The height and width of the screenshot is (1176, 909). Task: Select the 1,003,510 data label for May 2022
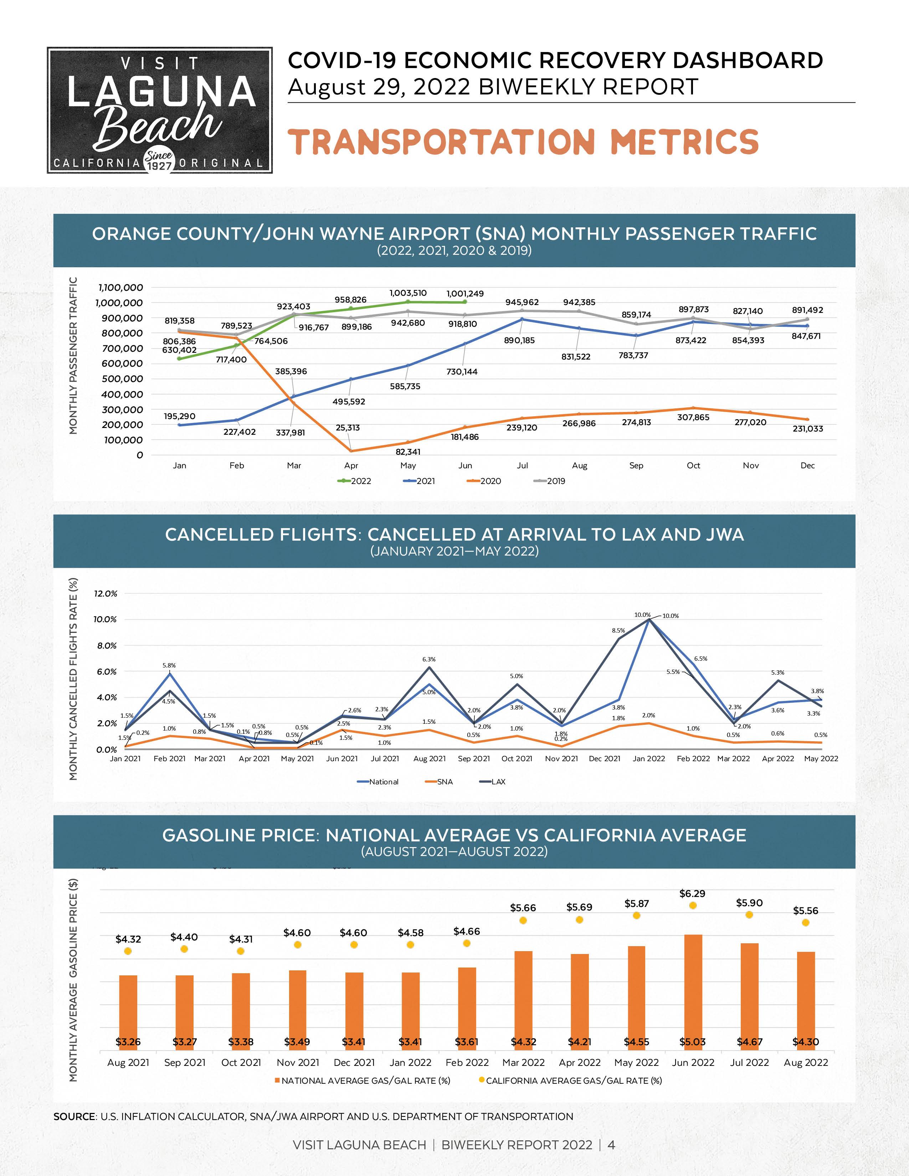tap(408, 293)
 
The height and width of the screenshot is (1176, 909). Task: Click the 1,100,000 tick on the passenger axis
tap(120, 288)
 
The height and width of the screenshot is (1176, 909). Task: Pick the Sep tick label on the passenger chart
tap(636, 465)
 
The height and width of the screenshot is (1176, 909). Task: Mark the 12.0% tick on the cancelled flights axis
tap(106, 593)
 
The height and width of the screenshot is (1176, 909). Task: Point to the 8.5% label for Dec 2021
tap(618, 630)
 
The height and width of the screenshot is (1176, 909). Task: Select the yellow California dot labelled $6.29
tap(693, 906)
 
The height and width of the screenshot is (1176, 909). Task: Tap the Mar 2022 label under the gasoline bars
tap(523, 1062)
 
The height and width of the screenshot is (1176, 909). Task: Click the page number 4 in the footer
tap(611, 1145)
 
